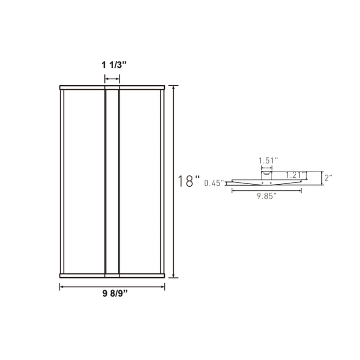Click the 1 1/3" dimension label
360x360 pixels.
coord(112,65)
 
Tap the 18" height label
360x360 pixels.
coord(189,181)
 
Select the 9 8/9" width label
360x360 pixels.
coord(112,296)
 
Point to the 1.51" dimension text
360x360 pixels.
coord(267,160)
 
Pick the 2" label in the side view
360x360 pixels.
coord(328,177)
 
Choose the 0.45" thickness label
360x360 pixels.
coord(213,183)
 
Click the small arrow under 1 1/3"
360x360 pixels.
coord(112,79)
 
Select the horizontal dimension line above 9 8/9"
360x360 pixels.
coord(112,287)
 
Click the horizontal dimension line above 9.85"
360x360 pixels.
coord(266,190)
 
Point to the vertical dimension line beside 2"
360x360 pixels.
coord(322,178)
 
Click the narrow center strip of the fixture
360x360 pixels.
coord(112,181)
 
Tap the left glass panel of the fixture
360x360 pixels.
coord(84,181)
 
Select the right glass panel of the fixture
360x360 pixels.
coord(140,181)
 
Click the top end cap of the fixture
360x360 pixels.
coord(112,87)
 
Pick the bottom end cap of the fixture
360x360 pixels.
coord(112,276)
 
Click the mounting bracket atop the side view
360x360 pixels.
coord(266,175)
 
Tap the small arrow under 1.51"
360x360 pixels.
coord(266,167)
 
